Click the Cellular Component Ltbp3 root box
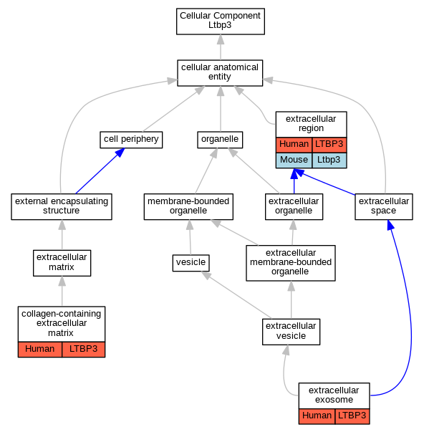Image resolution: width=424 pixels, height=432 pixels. [221, 21]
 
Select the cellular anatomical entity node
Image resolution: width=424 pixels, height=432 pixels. [220, 73]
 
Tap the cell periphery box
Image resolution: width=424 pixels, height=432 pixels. [131, 140]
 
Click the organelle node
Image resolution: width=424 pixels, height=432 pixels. [220, 140]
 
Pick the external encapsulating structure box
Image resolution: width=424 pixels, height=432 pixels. [62, 206]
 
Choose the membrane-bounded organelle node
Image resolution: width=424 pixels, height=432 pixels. [188, 206]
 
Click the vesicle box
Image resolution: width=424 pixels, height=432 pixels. [191, 263]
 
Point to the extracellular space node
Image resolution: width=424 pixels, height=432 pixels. [384, 206]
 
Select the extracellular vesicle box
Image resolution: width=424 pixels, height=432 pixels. [291, 332]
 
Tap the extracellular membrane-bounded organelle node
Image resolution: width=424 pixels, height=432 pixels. [291, 263]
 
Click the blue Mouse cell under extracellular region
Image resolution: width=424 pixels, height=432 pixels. [294, 160]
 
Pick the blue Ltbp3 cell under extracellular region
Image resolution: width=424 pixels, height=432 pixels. [329, 160]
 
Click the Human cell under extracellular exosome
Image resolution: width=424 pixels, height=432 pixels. [317, 416]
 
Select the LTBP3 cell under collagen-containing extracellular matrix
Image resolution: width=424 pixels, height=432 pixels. [84, 350]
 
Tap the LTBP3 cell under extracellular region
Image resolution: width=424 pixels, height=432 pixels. [329, 145]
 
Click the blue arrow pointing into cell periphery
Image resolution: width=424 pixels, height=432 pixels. [100, 171]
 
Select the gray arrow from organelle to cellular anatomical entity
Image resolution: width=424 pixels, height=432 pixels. [221, 109]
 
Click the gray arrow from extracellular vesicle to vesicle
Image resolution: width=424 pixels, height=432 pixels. [236, 294]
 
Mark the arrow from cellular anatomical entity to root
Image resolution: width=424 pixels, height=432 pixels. [221, 47]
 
